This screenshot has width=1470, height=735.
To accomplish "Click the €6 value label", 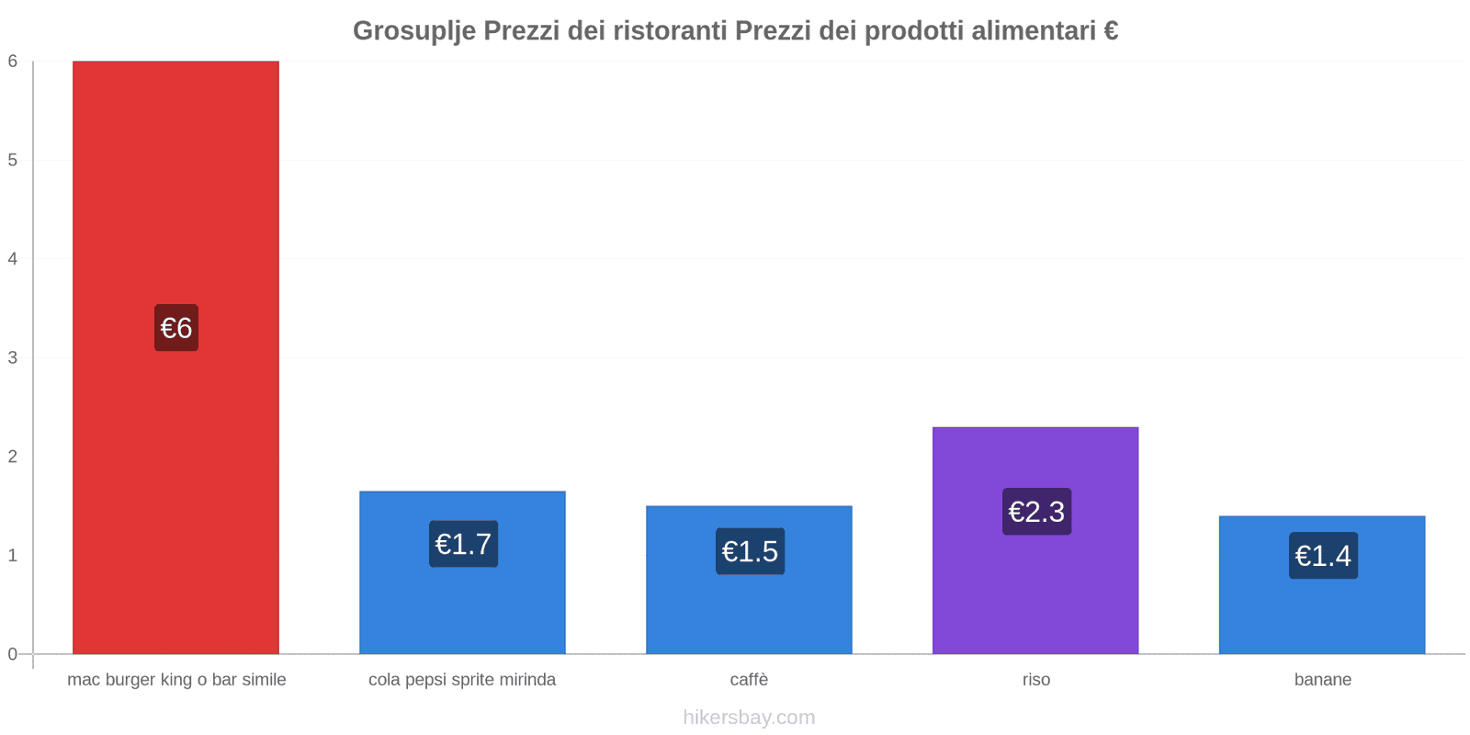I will tap(176, 328).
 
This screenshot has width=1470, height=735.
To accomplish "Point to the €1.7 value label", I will tap(463, 544).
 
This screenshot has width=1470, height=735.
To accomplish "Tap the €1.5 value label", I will tap(750, 551).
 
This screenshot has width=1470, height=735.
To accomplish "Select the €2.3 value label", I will tap(1036, 512).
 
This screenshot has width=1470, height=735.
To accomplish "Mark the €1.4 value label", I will tap(1323, 556).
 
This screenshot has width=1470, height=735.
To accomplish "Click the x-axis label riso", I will tap(1035, 680).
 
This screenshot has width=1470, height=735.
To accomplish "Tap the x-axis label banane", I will tap(1322, 680).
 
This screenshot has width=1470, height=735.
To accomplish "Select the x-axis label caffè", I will tap(749, 680).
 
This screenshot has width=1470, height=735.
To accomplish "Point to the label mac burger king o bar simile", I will tap(176, 680).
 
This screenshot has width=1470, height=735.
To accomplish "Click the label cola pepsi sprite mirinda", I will tap(462, 680).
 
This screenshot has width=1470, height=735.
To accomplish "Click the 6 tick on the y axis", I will tap(13, 62).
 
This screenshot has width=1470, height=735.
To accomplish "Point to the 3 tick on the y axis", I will tap(13, 357).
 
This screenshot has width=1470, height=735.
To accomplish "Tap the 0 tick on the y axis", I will tap(13, 654).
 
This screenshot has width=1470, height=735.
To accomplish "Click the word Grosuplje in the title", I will tap(413, 31).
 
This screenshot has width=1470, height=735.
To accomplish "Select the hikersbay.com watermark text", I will tap(749, 718).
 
